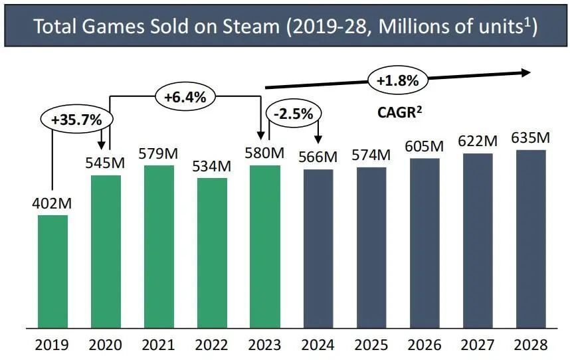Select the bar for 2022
(x=212, y=252)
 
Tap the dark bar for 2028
(x=530, y=238)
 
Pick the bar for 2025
(x=371, y=247)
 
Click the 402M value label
(x=52, y=202)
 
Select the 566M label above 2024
(x=318, y=157)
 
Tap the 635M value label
(x=530, y=137)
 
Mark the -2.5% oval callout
(x=292, y=114)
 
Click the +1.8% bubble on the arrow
(x=397, y=81)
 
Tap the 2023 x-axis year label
(x=265, y=345)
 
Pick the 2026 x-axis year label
(x=424, y=345)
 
